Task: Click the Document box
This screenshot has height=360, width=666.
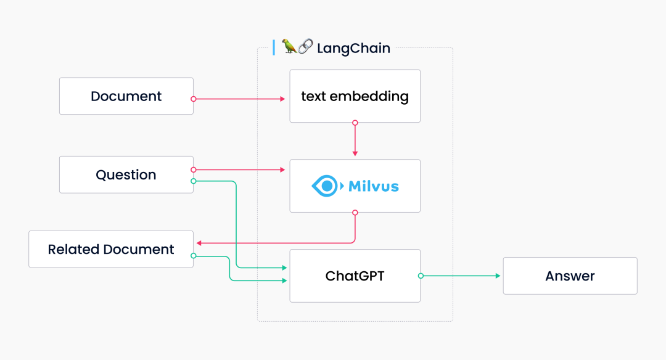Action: click(x=126, y=96)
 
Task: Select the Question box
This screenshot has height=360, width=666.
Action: click(x=126, y=175)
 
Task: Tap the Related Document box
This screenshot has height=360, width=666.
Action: click(x=111, y=250)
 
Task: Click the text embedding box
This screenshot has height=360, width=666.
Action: click(x=355, y=96)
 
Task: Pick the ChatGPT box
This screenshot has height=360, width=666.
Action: click(x=355, y=276)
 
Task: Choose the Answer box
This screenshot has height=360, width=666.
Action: click(x=570, y=276)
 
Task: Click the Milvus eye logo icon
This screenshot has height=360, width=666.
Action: click(x=325, y=186)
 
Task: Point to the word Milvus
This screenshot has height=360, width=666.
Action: click(x=374, y=186)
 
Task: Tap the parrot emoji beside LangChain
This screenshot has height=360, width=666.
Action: click(x=289, y=47)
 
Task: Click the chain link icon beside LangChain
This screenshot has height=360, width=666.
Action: click(x=305, y=47)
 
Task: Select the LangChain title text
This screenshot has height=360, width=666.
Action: click(x=353, y=48)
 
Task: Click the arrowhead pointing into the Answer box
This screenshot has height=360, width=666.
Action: click(x=498, y=276)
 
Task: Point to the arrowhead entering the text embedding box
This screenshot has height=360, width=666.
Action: click(x=282, y=99)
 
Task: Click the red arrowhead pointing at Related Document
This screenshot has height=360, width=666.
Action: click(x=198, y=243)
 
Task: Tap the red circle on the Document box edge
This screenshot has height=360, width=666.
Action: click(x=194, y=99)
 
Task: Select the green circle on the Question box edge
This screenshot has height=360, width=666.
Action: click(x=194, y=181)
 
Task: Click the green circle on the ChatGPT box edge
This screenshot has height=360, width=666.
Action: click(x=421, y=276)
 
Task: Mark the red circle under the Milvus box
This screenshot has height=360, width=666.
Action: click(x=355, y=213)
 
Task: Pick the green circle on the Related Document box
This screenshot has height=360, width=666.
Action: click(x=194, y=256)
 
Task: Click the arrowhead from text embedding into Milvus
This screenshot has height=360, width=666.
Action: click(x=355, y=153)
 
